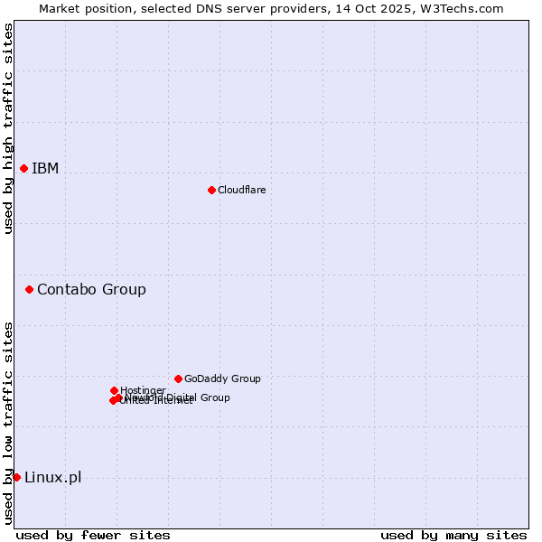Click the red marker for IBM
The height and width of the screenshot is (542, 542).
(23, 169)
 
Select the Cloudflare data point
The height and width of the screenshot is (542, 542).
(211, 190)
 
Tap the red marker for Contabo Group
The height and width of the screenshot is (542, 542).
(30, 289)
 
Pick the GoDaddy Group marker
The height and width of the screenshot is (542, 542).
(178, 378)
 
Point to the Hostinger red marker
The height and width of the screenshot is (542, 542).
(114, 390)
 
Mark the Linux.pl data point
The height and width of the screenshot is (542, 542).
(16, 477)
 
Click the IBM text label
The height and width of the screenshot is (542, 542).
(45, 169)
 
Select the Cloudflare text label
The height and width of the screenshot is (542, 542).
(242, 190)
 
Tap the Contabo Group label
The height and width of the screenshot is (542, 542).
(91, 289)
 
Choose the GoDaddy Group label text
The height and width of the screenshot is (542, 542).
(222, 378)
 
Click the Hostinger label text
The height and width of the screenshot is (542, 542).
(143, 390)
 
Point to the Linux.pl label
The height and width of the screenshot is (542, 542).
(52, 477)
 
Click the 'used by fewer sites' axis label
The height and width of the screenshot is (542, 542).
(93, 535)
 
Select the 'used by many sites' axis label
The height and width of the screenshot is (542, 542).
(453, 535)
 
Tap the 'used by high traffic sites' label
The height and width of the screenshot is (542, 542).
(8, 128)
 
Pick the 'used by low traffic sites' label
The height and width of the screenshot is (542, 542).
(8, 423)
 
